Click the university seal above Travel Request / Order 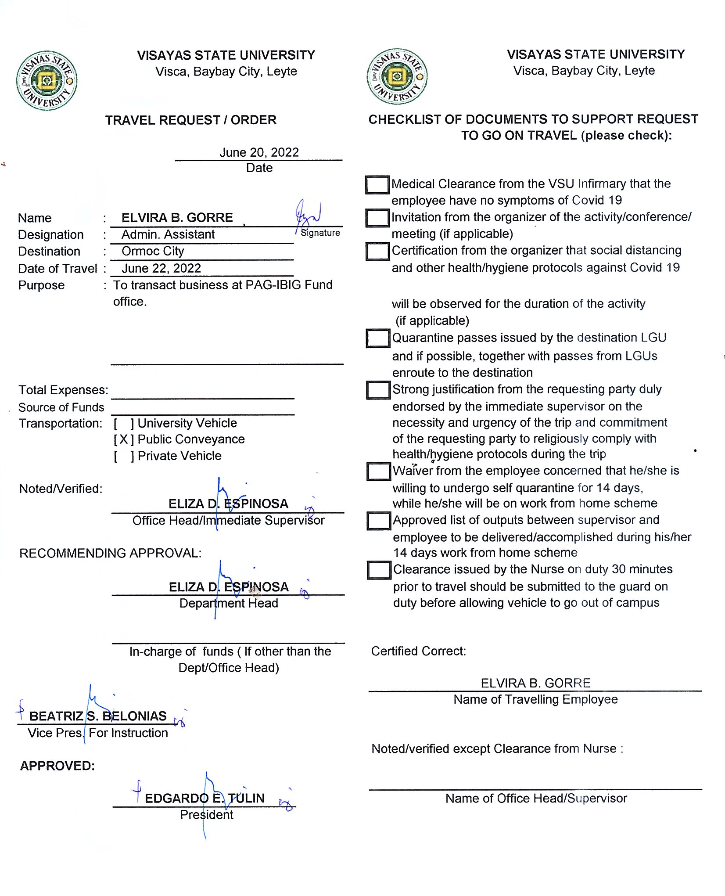click(47, 80)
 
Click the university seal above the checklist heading click(397, 76)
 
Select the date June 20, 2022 click(259, 152)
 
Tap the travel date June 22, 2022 click(161, 268)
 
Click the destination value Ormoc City click(153, 251)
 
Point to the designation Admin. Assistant click(168, 234)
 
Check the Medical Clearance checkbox click(377, 184)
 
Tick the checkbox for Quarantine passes click(378, 338)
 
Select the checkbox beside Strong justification click(378, 390)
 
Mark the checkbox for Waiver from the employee click(378, 471)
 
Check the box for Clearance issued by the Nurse click(379, 570)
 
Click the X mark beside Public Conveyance click(124, 439)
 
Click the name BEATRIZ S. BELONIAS click(98, 716)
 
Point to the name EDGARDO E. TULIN click(205, 798)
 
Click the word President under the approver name click(206, 815)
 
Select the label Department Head click(229, 603)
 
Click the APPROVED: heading click(57, 766)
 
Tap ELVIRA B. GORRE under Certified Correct click(535, 683)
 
